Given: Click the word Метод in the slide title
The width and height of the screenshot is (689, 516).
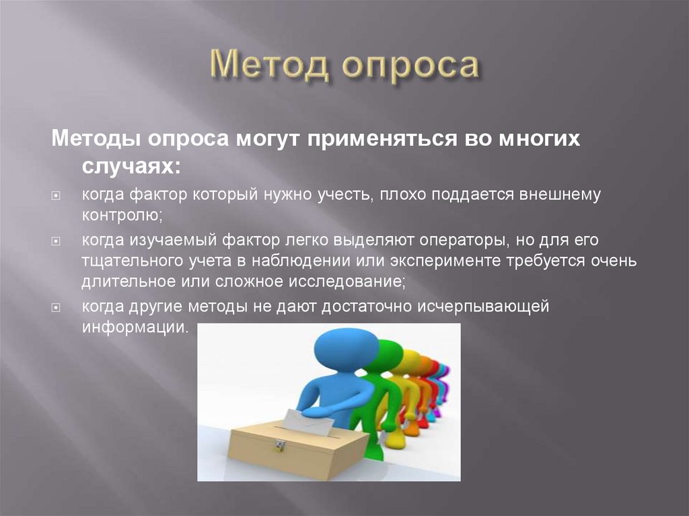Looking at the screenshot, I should pos(267,67).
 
